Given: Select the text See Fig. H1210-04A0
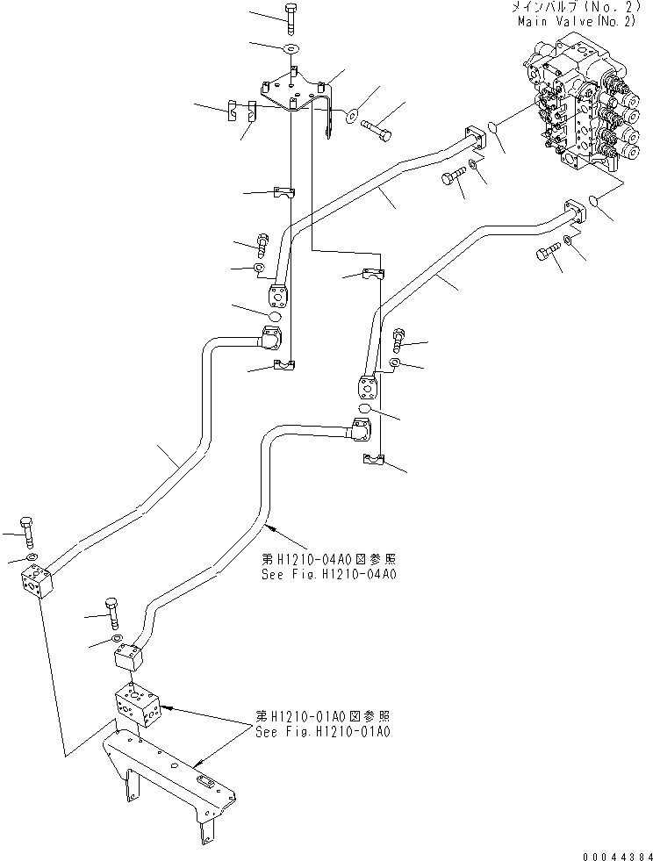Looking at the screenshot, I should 328,575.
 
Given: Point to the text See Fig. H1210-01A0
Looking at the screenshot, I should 322,730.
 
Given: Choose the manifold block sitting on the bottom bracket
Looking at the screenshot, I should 135,705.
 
